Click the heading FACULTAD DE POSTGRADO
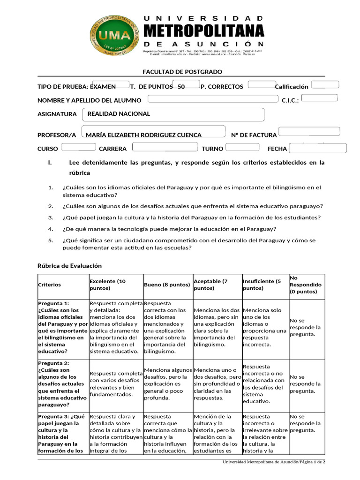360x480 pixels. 182,72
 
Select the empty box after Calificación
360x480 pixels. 325,85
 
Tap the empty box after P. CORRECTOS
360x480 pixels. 262,85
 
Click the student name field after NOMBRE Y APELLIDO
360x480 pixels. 213,99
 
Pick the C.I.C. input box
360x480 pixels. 319,98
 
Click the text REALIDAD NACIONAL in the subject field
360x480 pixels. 119,114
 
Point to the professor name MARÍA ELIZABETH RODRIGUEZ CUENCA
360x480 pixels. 143,135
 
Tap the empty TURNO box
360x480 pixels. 242,147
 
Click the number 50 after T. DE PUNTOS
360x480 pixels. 181,87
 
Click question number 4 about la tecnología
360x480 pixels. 169,229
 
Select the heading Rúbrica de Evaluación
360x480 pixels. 69,266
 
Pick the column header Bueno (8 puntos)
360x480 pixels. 167,285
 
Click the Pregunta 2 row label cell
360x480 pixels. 62,384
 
